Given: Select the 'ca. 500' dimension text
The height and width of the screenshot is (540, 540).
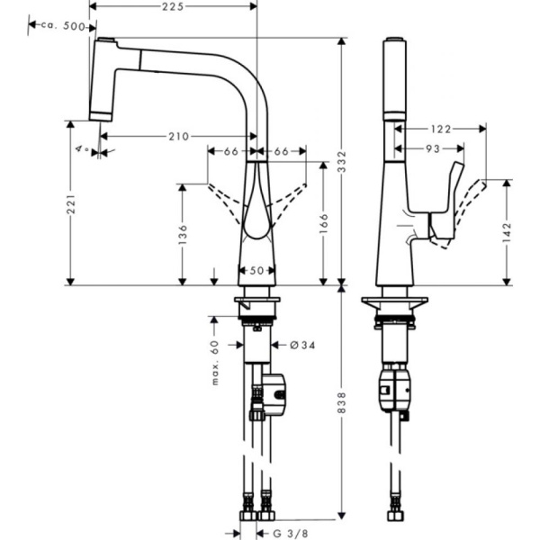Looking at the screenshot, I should click(x=64, y=27).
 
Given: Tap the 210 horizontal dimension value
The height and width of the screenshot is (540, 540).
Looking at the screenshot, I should click(x=178, y=137).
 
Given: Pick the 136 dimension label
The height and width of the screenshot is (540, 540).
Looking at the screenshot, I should click(x=183, y=234).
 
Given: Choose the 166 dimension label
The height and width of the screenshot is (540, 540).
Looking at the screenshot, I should click(x=326, y=221).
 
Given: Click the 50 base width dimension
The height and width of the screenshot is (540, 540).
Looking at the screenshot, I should click(x=256, y=270).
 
